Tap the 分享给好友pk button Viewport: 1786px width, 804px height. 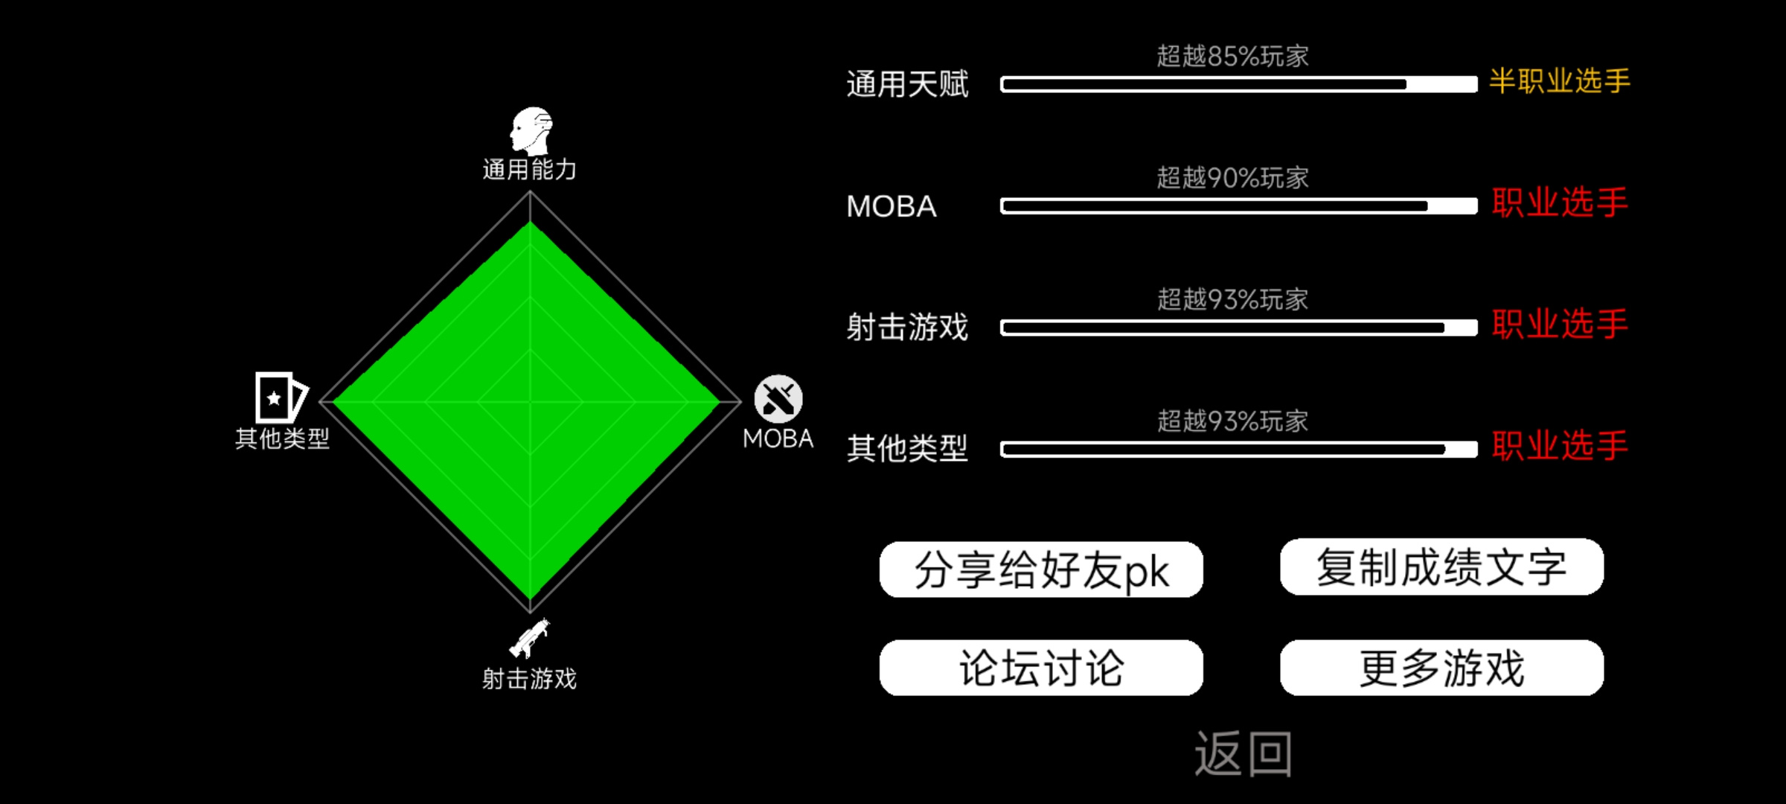pos(1041,569)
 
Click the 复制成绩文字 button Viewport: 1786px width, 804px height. pos(1441,567)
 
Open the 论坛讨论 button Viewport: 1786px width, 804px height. pos(1041,668)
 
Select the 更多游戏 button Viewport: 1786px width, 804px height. pos(1441,668)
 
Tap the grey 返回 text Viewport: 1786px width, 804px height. pos(1243,753)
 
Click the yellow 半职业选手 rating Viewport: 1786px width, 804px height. pos(1560,80)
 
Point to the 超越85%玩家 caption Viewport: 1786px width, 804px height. pos(1232,56)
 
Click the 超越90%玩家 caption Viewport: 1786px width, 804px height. pos(1232,178)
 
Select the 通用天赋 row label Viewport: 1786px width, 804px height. pos(907,84)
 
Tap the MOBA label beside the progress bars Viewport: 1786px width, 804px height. pos(892,206)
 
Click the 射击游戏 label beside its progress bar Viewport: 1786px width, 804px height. pos(907,327)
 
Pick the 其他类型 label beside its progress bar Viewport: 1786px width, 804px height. pos(907,448)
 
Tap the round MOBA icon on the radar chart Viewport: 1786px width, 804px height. pos(778,399)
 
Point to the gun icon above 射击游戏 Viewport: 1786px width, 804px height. pos(529,638)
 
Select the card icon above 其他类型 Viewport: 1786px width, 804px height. pos(281,398)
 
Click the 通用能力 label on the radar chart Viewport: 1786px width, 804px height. pos(529,170)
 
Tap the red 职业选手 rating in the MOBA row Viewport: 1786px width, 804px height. pos(1560,202)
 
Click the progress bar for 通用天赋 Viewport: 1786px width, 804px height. pos(1238,84)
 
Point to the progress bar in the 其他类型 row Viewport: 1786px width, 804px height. pos(1238,449)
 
